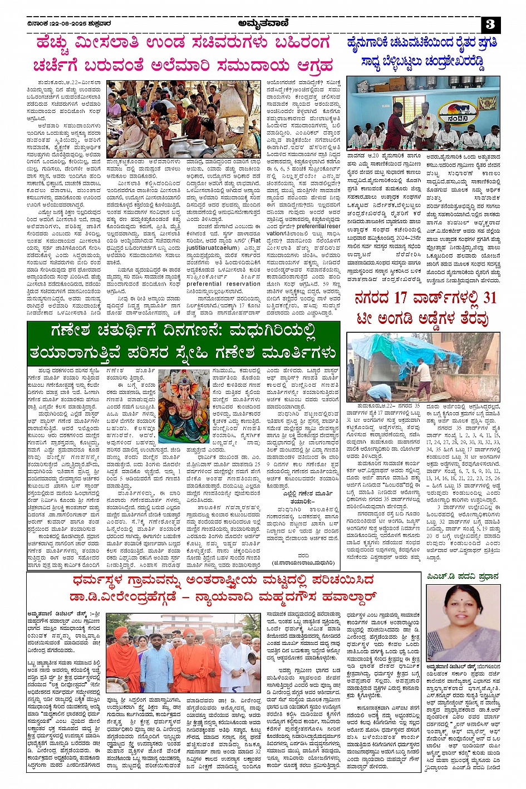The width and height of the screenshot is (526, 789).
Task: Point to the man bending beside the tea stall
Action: pyautogui.click(x=424, y=378)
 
